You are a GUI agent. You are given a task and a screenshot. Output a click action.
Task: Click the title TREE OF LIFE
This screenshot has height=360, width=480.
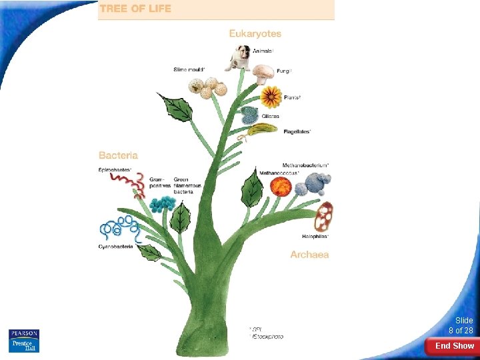tap(135, 9)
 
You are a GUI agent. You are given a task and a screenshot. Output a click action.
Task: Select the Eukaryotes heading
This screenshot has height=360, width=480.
tap(255, 33)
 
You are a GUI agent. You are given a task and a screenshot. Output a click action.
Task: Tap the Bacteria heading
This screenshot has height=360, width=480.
tap(118, 155)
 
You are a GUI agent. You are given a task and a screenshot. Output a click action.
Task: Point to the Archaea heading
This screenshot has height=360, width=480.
tap(309, 255)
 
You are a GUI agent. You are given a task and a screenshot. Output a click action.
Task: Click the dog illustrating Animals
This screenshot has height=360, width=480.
tap(237, 58)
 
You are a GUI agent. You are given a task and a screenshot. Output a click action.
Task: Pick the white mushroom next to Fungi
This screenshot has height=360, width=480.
tap(263, 72)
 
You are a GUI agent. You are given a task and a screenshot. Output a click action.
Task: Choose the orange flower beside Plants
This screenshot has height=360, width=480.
tap(270, 97)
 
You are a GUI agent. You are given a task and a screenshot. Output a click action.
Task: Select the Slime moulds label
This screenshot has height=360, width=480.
tap(189, 69)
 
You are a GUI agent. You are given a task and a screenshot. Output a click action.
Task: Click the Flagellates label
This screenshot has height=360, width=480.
tap(297, 131)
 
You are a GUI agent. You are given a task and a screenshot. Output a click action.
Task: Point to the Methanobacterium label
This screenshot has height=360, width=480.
tap(305, 165)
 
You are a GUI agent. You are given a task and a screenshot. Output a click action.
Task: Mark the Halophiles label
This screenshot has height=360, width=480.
tap(315, 237)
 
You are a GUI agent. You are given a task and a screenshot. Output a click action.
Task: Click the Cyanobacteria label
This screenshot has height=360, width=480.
tap(116, 247)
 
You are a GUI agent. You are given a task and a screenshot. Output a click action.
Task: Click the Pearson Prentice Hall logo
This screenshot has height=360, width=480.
tap(24, 340)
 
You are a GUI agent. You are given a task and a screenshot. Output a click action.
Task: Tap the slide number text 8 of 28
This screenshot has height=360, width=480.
tap(461, 331)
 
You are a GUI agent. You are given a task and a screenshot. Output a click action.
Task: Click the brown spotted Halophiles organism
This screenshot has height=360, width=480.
tap(324, 216)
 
